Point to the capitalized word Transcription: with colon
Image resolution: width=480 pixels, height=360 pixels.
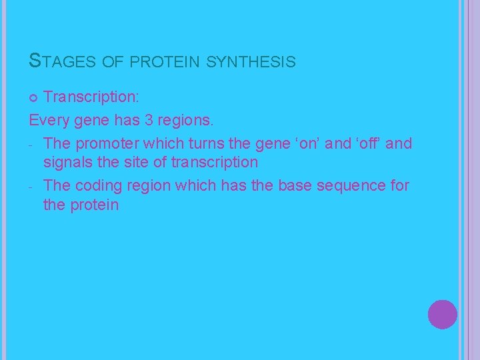(91, 97)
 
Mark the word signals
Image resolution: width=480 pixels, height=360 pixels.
(68, 162)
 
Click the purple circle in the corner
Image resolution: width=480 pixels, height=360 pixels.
(443, 314)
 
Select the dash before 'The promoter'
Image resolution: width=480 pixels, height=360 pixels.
(32, 144)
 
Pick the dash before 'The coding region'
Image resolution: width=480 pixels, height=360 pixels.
(32, 186)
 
